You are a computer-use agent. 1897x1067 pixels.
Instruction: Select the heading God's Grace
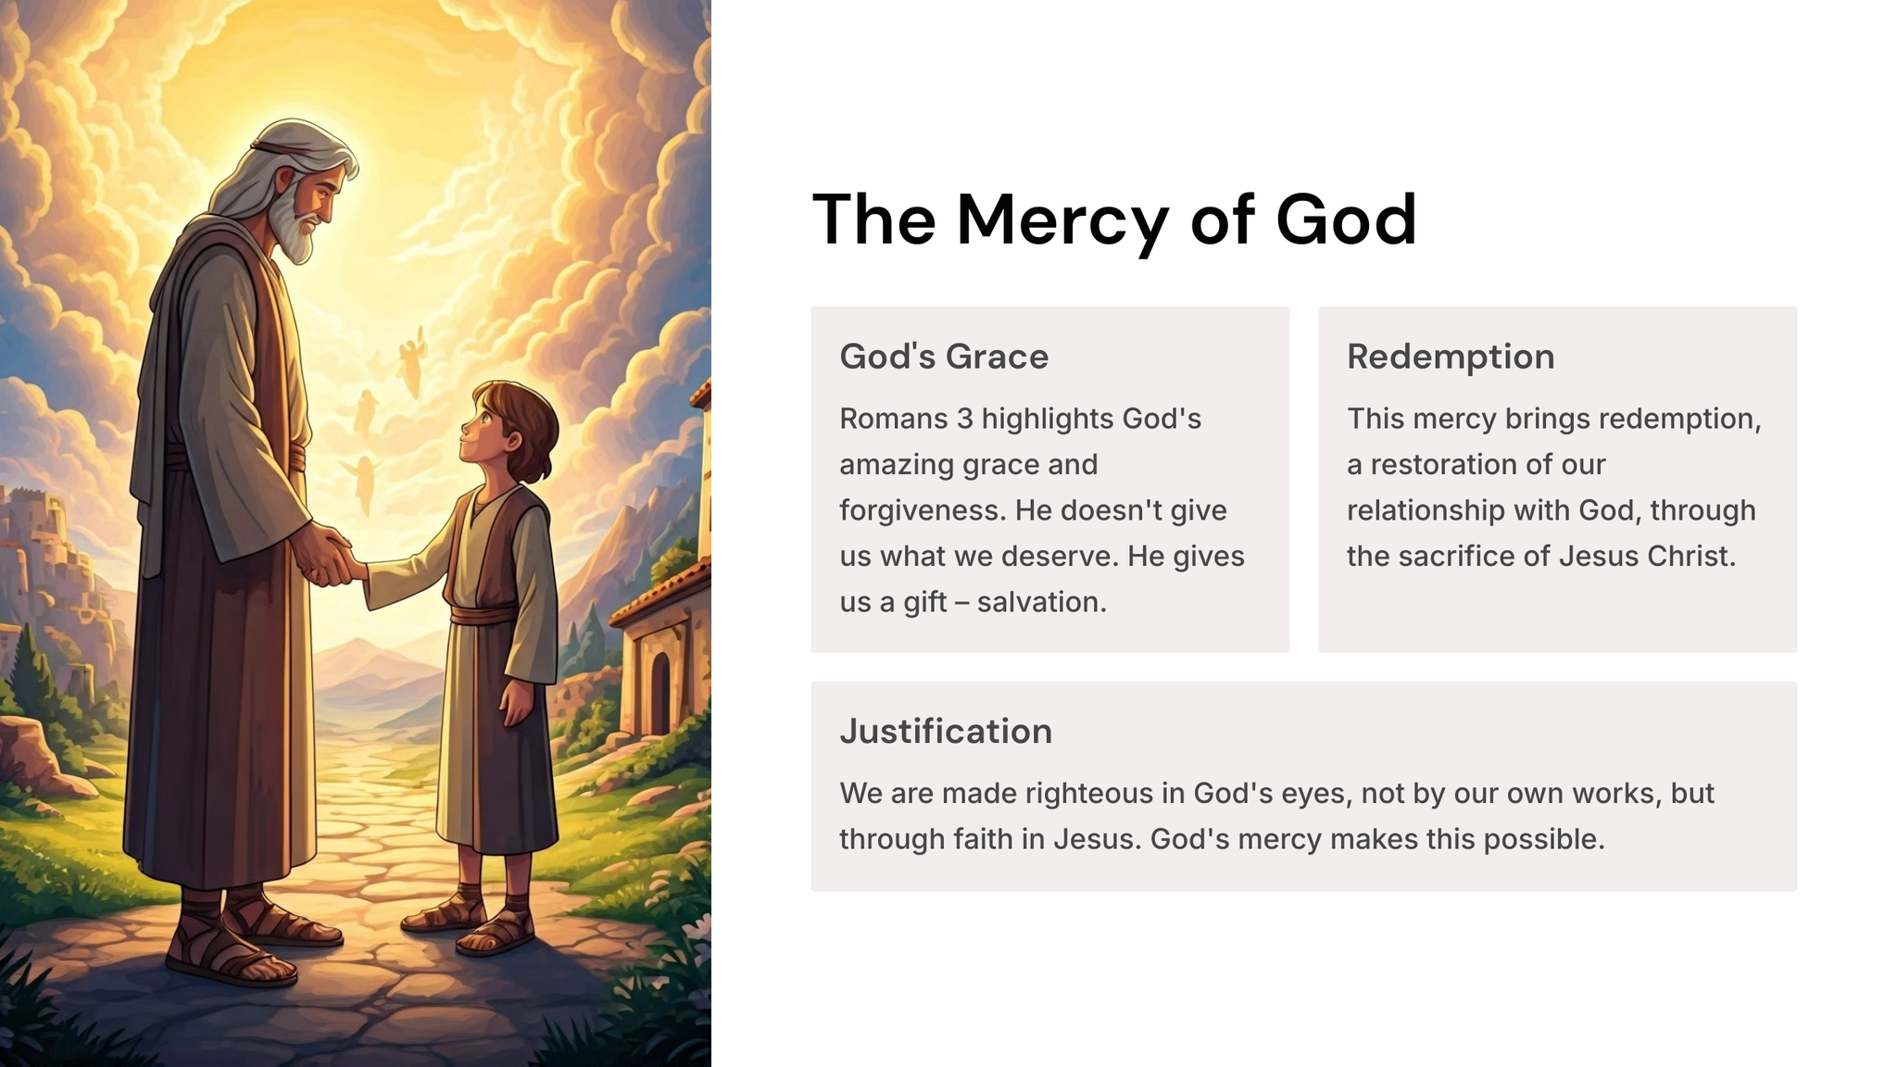pos(944,357)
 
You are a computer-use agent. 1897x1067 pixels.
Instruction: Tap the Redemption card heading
pos(1451,357)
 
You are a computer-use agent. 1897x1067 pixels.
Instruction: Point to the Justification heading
pos(946,731)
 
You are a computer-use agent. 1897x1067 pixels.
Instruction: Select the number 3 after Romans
pos(965,419)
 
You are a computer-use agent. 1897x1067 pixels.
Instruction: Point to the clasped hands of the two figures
pos(329,556)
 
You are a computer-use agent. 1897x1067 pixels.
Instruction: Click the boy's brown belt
pos(484,613)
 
